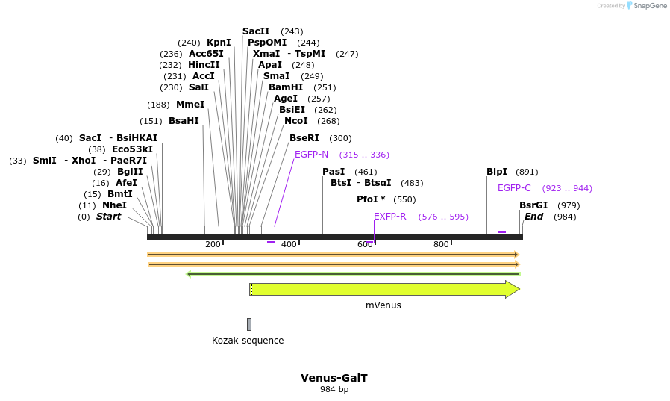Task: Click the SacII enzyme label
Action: (256, 31)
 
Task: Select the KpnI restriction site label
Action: (219, 43)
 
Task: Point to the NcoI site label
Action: (296, 121)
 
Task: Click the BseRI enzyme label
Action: (304, 138)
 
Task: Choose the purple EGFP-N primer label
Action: (311, 155)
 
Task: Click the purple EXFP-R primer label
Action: (390, 217)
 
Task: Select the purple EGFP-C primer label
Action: (514, 188)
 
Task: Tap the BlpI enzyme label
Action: (497, 172)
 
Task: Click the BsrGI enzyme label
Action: (533, 205)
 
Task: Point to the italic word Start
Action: (108, 217)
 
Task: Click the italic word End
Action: (534, 217)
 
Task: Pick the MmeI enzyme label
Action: (190, 105)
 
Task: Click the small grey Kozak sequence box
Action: (249, 324)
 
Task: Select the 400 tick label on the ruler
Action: (289, 244)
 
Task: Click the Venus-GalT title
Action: (334, 378)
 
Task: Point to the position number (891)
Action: (527, 172)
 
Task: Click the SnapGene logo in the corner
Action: (648, 6)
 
